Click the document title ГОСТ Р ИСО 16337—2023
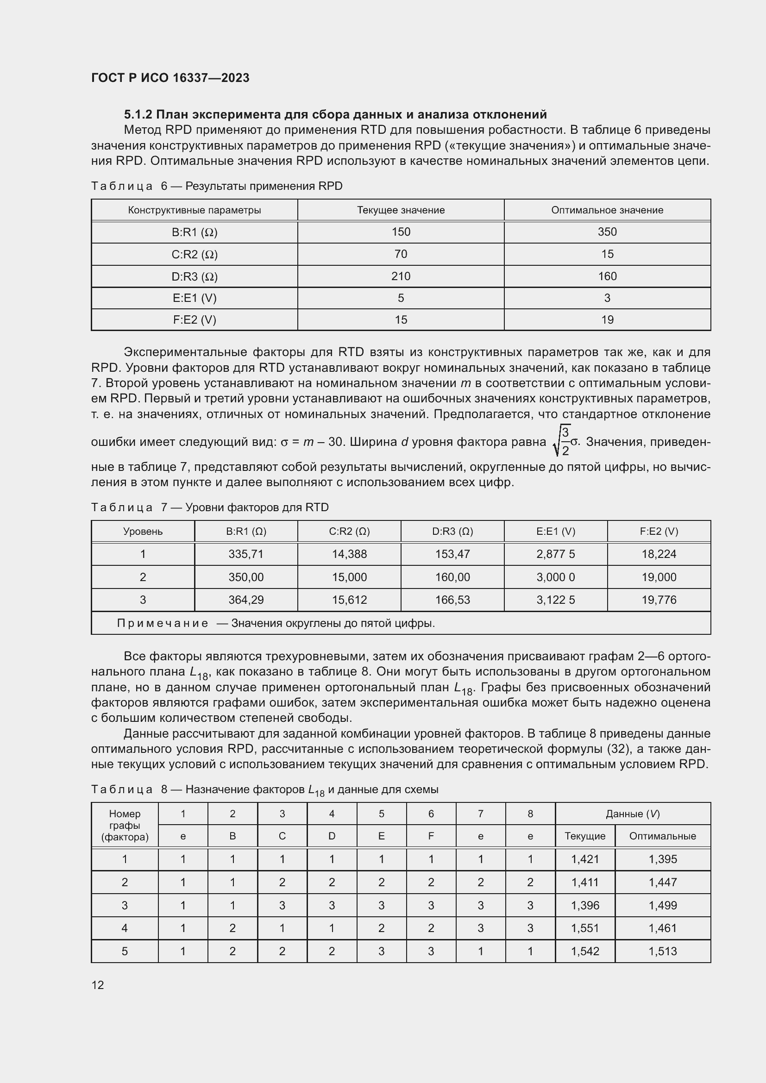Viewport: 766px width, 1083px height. tap(170, 78)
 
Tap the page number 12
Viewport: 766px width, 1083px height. tap(98, 984)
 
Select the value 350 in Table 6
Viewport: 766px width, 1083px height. tap(607, 232)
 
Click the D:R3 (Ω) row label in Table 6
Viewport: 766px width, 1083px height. tap(195, 276)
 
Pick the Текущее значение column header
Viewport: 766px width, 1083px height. tap(401, 210)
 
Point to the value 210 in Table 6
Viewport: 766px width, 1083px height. tap(401, 276)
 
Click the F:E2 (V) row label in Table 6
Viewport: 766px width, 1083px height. tap(195, 320)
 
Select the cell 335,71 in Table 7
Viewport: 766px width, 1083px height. tap(246, 554)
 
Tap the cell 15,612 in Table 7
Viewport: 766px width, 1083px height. tap(349, 600)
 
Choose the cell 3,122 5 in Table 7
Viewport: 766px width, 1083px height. tap(556, 600)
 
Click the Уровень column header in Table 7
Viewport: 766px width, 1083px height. tap(143, 531)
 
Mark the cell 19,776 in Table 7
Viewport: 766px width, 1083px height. tap(659, 600)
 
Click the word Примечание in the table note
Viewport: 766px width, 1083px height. tap(163, 623)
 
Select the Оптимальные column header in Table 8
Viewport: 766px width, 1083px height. tap(662, 836)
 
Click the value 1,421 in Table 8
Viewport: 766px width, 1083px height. tap(585, 859)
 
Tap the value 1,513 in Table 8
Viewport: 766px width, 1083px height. tap(662, 951)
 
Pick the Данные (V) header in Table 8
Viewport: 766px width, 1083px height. tap(633, 813)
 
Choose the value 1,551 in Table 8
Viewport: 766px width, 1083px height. tap(585, 928)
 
